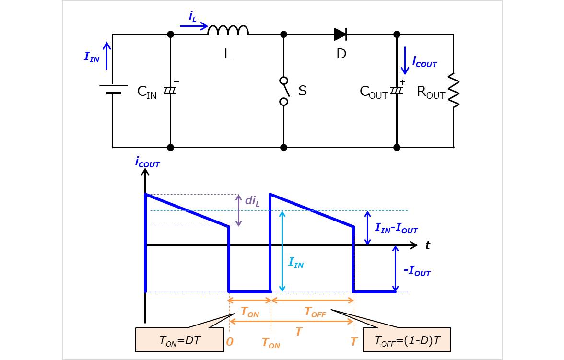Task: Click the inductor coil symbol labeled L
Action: [x=228, y=31]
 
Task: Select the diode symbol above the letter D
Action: [x=341, y=34]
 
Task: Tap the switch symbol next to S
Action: [x=284, y=91]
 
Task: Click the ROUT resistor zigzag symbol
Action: [x=453, y=91]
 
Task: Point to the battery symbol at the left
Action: [x=113, y=90]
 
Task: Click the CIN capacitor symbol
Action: [x=170, y=90]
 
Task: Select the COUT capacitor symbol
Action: [x=397, y=90]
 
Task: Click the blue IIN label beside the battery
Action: [x=92, y=57]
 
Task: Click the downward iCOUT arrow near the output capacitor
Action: [x=405, y=60]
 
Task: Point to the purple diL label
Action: [x=252, y=200]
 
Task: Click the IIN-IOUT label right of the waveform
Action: [x=396, y=229]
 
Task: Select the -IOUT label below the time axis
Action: [x=417, y=271]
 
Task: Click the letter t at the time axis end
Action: [x=427, y=245]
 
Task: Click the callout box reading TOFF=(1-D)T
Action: [x=407, y=340]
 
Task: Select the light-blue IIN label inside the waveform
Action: [x=295, y=262]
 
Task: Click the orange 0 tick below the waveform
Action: [x=230, y=342]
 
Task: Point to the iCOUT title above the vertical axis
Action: [x=147, y=163]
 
